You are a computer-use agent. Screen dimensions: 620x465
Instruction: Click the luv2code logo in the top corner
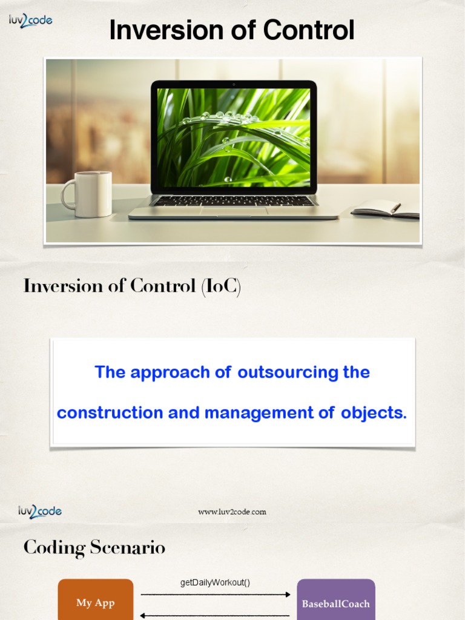pyautogui.click(x=30, y=21)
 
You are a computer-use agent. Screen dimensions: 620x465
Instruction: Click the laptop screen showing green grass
pyautogui.click(x=234, y=137)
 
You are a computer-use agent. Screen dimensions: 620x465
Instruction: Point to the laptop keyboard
pyautogui.click(x=233, y=200)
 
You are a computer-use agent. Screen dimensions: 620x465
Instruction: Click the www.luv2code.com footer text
pyautogui.click(x=232, y=512)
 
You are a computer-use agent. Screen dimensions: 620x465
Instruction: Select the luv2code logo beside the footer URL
pyautogui.click(x=40, y=512)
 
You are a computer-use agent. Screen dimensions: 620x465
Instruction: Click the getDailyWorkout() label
pyautogui.click(x=215, y=582)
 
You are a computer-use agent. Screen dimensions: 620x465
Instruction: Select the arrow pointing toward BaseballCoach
pyautogui.click(x=215, y=595)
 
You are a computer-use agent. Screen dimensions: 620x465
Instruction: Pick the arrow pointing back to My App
pyautogui.click(x=215, y=616)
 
